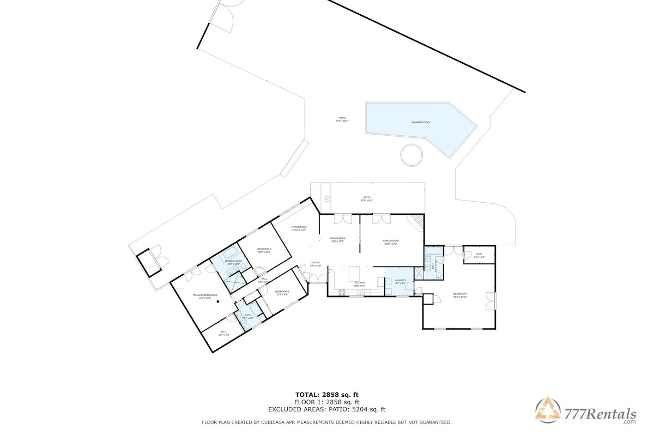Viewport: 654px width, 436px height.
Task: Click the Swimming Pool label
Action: tap(421, 122)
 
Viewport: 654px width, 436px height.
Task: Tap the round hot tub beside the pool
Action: tap(411, 155)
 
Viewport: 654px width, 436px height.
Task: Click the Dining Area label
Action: tap(338, 238)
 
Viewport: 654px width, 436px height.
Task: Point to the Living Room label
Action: tap(298, 227)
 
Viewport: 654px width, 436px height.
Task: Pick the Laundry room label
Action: tap(401, 280)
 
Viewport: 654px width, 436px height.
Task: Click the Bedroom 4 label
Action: tap(461, 295)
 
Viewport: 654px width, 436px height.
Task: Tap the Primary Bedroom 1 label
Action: tap(205, 295)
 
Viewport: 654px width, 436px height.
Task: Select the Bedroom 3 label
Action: tap(264, 249)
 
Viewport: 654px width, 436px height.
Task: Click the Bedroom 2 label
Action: tap(282, 292)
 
